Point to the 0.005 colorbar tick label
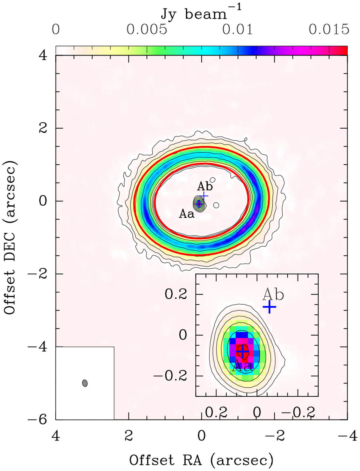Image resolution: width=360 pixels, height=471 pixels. point(147,30)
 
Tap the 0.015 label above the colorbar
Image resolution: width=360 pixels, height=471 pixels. point(329,30)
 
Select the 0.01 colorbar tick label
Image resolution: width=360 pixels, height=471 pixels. point(238,30)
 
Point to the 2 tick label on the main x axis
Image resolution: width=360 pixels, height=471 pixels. point(128,435)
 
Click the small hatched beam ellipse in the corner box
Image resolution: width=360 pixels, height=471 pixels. point(85,383)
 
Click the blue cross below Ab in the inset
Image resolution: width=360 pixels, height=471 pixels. point(269,307)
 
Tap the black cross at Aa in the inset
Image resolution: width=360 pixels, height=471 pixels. point(242,350)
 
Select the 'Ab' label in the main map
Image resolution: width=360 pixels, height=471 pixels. point(205,186)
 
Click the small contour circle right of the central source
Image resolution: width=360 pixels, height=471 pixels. point(216,205)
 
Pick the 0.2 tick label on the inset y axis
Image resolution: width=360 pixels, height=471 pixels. point(175,294)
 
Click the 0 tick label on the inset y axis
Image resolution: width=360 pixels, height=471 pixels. point(183,335)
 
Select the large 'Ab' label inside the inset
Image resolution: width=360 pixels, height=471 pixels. point(273,295)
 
